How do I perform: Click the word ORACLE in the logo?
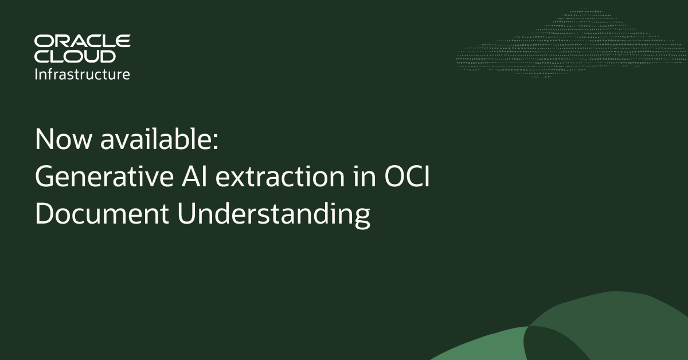coord(83,41)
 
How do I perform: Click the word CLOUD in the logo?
coord(75,56)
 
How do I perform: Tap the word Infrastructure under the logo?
coord(83,74)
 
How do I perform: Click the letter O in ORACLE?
coord(44,41)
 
